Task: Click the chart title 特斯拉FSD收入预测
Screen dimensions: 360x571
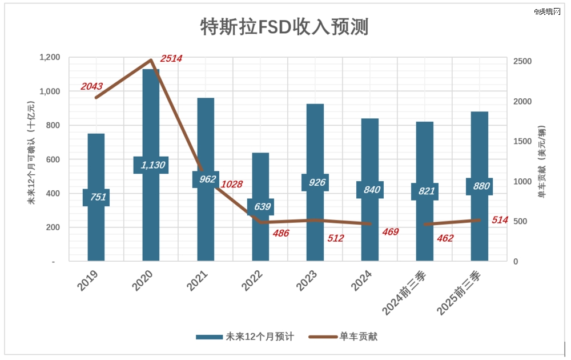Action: coord(284,27)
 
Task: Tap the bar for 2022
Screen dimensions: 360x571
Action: coord(260,240)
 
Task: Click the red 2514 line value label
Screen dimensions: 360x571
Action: coord(171,58)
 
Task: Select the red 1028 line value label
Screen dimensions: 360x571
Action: coord(232,184)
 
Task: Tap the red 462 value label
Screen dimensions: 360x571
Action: coord(444,238)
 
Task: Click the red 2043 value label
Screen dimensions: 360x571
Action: coord(91,86)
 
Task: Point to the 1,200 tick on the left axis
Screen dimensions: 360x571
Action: coord(49,57)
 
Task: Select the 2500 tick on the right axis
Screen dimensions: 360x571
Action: coord(522,62)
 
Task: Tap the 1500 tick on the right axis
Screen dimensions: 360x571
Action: coord(522,142)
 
